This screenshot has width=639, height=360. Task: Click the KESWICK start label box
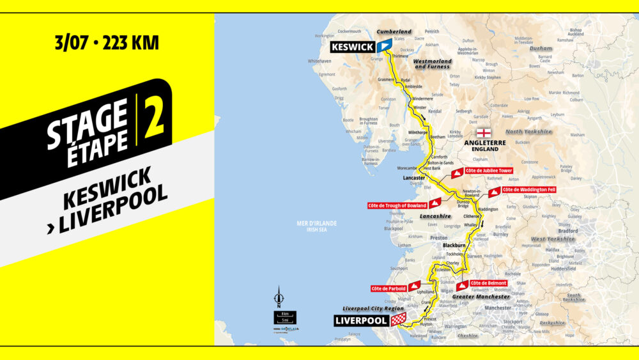tap(352, 47)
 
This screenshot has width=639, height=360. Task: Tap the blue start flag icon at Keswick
tap(384, 46)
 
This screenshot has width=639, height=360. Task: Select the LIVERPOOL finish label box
tap(361, 320)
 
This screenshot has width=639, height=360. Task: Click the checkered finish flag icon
tap(398, 320)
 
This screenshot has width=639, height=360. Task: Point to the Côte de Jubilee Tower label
tap(489, 171)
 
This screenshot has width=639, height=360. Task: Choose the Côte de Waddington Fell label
tap(529, 190)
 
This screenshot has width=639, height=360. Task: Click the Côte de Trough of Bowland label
tap(397, 205)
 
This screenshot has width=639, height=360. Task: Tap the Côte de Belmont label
tap(489, 283)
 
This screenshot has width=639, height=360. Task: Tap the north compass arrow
tap(279, 298)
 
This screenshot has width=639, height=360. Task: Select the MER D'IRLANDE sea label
tap(316, 223)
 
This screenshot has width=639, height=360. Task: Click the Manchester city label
tap(498, 308)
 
